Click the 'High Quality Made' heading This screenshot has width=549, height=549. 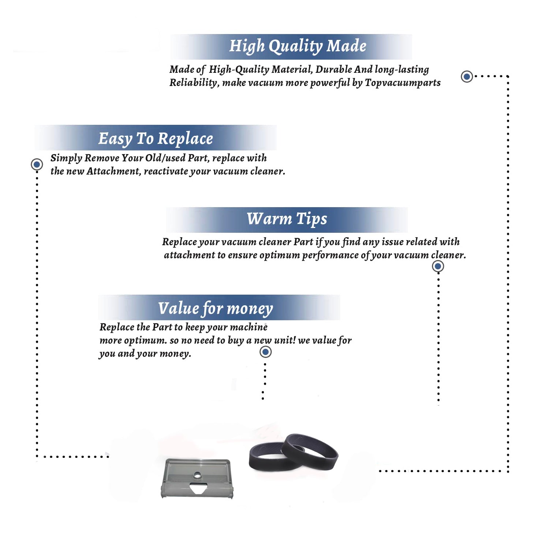(x=298, y=46)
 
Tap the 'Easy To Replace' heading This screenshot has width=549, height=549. (x=156, y=139)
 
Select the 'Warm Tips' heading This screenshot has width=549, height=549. (x=287, y=219)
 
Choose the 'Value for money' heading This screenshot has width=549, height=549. (x=215, y=308)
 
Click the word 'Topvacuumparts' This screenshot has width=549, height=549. (x=403, y=83)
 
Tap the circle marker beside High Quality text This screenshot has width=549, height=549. (x=467, y=76)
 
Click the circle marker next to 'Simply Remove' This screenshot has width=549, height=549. (x=37, y=164)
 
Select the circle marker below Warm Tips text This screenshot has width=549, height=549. (x=438, y=266)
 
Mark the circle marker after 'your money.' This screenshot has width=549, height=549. (x=265, y=352)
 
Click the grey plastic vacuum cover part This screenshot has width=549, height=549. (x=197, y=478)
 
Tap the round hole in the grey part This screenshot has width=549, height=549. (x=197, y=475)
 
